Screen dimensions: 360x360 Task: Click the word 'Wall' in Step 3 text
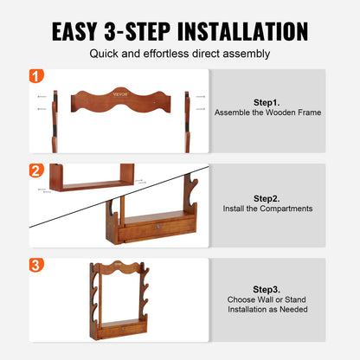coord(265,299)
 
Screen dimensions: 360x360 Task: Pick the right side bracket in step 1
coord(187,121)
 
